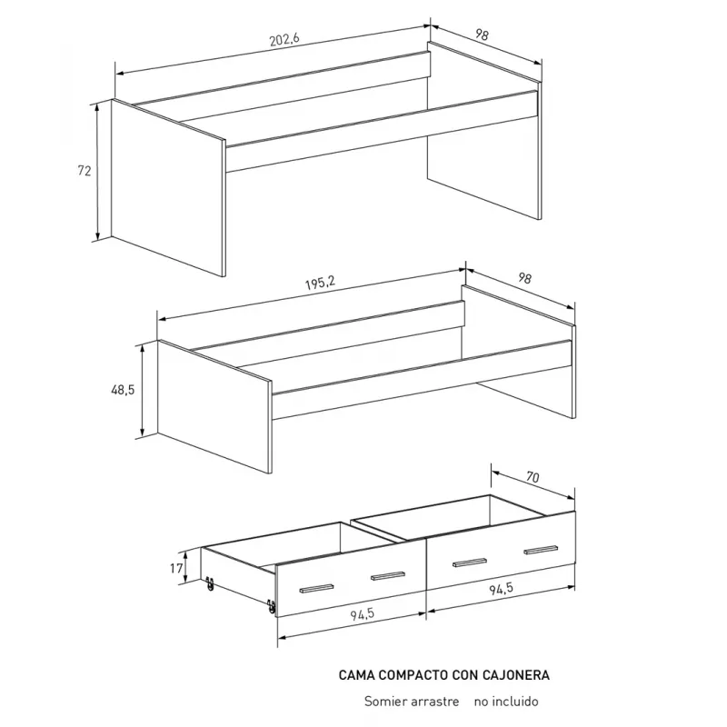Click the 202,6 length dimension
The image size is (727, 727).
click(284, 39)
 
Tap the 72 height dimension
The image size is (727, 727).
click(84, 171)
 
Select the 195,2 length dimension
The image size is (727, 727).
click(320, 283)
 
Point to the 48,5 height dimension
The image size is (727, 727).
click(123, 390)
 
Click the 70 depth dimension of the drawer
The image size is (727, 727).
click(533, 476)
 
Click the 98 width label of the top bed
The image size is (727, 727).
click(482, 35)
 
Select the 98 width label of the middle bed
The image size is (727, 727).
click(524, 278)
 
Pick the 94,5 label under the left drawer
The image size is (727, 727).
click(362, 614)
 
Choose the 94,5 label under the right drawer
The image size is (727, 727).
click(502, 588)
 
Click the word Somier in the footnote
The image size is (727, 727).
click(380, 701)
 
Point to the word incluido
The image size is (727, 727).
click(514, 701)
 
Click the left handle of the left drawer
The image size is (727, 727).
click(316, 588)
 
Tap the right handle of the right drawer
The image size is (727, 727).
click(541, 550)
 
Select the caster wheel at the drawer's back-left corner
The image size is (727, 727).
click(210, 583)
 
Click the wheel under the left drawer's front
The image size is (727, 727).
click(272, 606)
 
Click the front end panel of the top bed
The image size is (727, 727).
click(168, 188)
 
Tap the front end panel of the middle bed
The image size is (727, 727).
click(214, 406)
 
